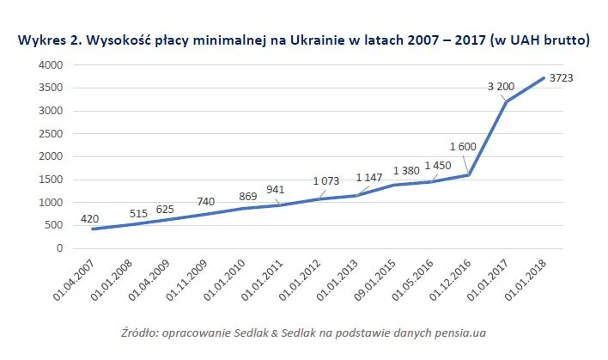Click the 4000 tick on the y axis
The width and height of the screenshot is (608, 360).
pos(51,65)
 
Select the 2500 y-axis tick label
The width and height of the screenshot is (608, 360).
pos(51,134)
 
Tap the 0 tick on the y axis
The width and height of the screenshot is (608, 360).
pos(58,248)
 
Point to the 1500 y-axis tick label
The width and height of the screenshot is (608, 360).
pos(51,180)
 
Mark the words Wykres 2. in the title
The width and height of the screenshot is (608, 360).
pos(46,40)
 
